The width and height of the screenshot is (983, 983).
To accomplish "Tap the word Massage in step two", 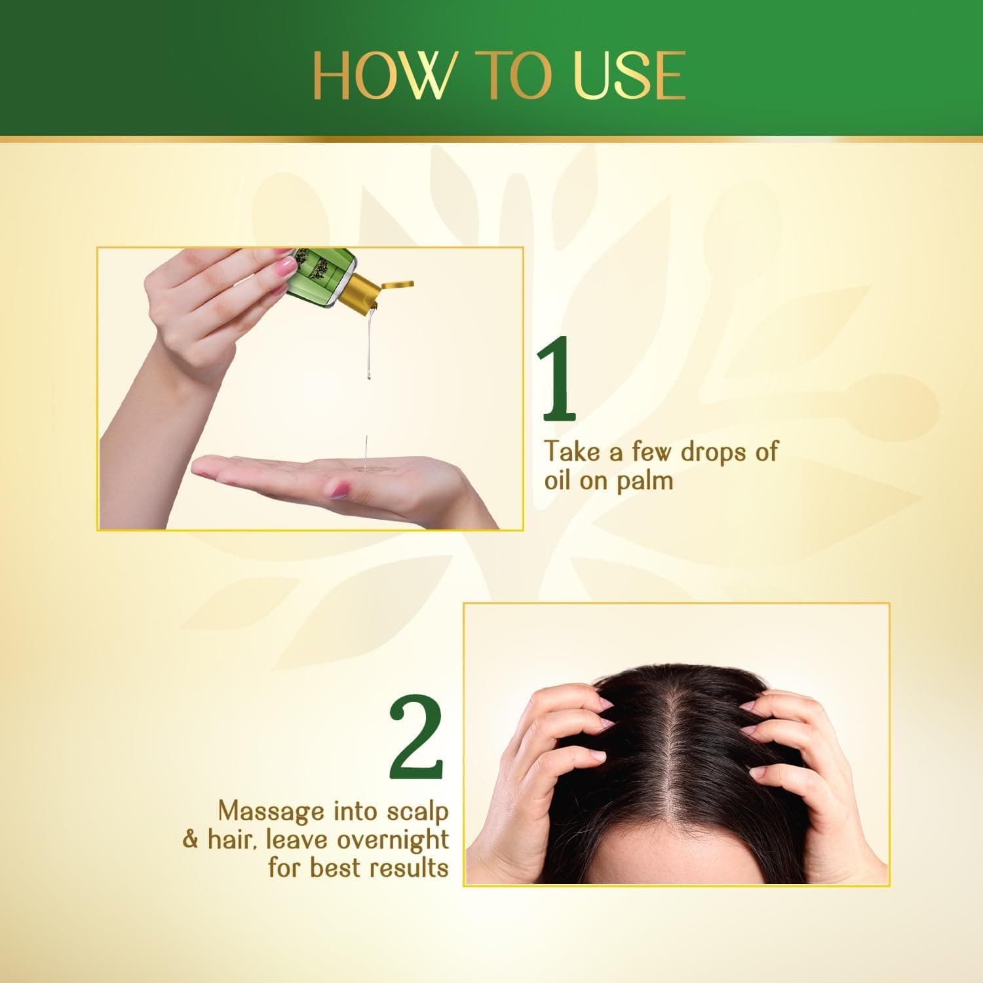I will (271, 811).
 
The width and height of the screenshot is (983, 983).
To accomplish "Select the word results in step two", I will (408, 868).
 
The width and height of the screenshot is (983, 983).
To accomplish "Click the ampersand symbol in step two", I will (191, 840).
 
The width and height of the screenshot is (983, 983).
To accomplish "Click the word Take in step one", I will (568, 452).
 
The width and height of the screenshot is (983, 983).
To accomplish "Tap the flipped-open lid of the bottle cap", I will (397, 284).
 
